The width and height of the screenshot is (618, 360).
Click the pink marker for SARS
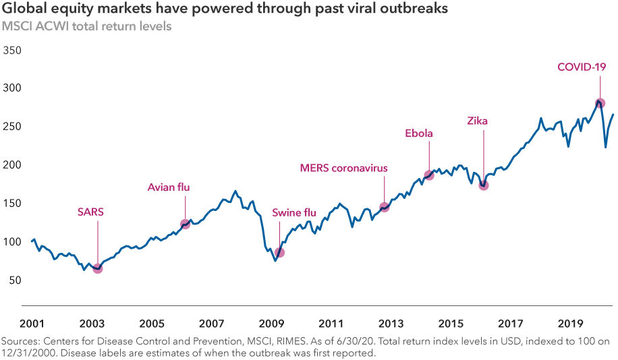click(97, 268)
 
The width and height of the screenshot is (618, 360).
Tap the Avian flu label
click(169, 187)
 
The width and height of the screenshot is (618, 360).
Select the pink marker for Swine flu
click(279, 252)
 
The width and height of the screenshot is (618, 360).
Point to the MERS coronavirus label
click(344, 167)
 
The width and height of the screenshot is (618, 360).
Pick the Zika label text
click(477, 121)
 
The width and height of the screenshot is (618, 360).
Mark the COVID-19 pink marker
click(600, 103)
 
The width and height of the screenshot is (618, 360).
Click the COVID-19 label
click(582, 67)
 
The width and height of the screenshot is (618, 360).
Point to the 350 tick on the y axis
click(13, 51)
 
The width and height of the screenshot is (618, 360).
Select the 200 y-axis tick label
click(13, 165)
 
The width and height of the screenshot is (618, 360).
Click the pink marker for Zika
click(483, 184)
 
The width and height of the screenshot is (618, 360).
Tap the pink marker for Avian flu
click(185, 224)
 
